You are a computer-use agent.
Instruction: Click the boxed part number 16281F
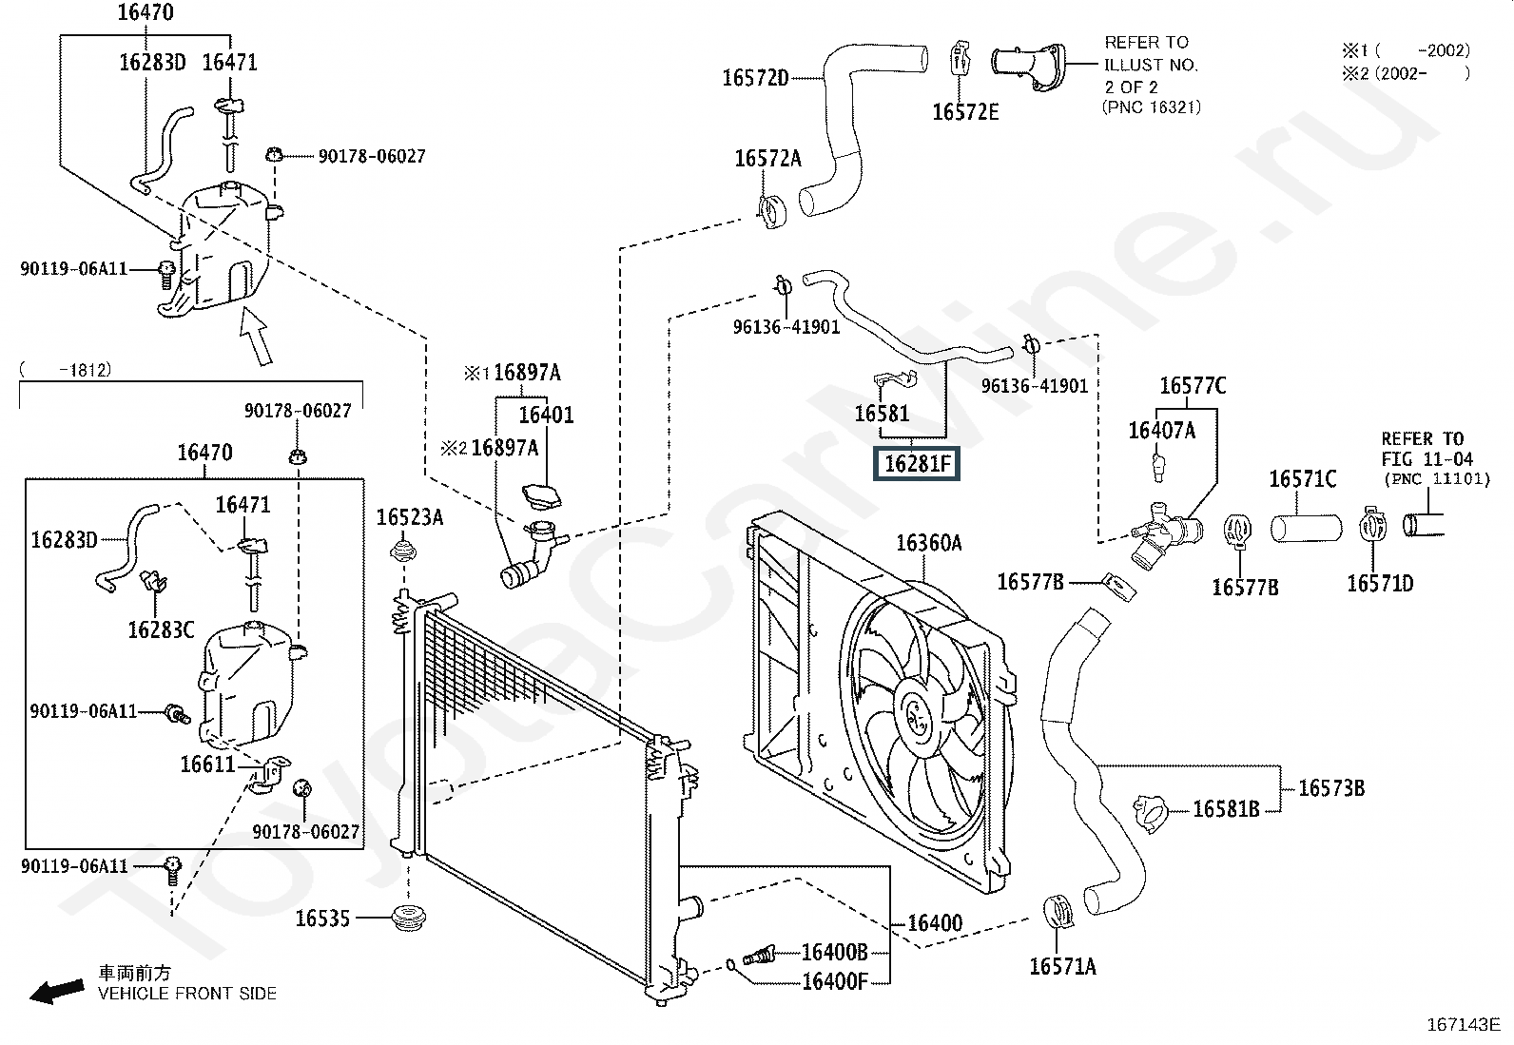click(x=917, y=464)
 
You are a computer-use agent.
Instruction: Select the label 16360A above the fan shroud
click(x=928, y=543)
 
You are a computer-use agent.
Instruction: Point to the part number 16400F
click(x=834, y=980)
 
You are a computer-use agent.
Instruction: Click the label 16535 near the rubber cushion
click(x=322, y=919)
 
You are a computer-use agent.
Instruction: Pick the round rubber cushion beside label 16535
click(x=409, y=919)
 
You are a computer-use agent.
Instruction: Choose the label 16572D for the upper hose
click(x=755, y=78)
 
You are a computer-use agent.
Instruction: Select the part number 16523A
click(x=409, y=517)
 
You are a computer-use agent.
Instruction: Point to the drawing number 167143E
click(x=1462, y=1025)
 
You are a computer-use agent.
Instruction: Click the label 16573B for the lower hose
click(x=1330, y=787)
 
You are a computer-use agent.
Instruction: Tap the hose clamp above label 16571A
click(x=1058, y=911)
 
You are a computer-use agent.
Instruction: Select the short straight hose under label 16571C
click(x=1306, y=528)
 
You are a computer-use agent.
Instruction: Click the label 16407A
click(x=1161, y=431)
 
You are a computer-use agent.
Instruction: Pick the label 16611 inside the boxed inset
click(x=207, y=764)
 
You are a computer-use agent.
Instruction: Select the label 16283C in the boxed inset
click(x=161, y=629)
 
